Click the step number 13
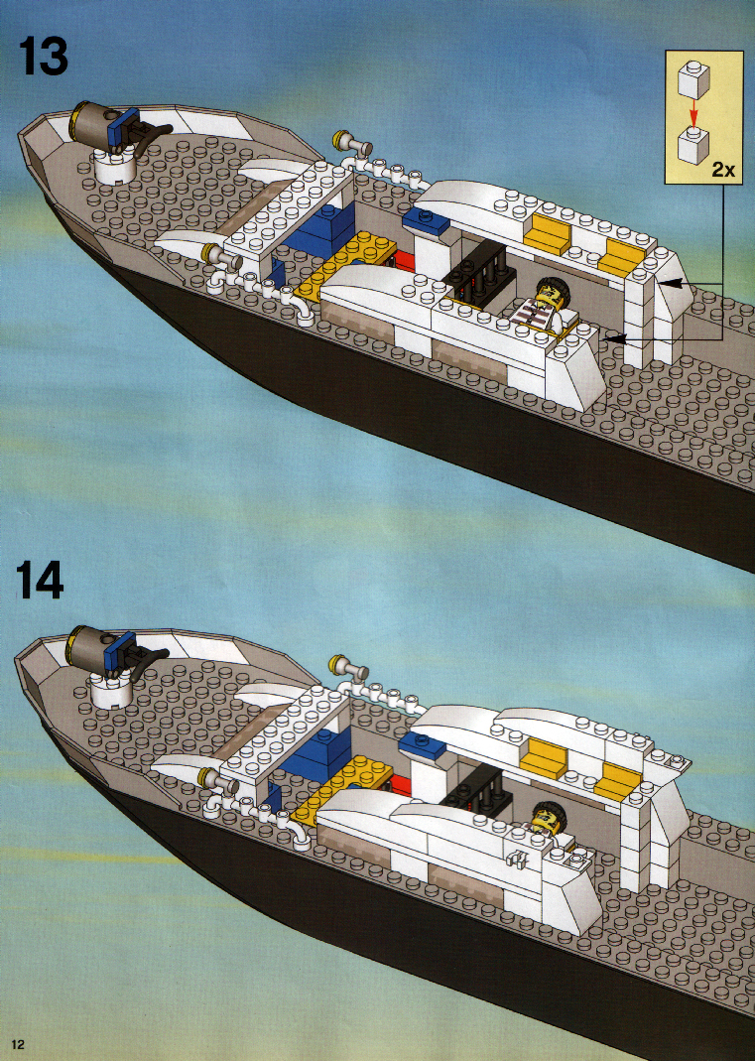(x=44, y=57)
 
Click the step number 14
(x=40, y=581)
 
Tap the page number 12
(x=17, y=1045)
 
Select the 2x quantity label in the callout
(x=722, y=169)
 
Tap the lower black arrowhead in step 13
(x=613, y=337)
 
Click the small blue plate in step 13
(x=425, y=219)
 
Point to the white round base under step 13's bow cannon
(x=114, y=166)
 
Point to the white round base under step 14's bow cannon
(x=110, y=688)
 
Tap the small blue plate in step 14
(x=422, y=744)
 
